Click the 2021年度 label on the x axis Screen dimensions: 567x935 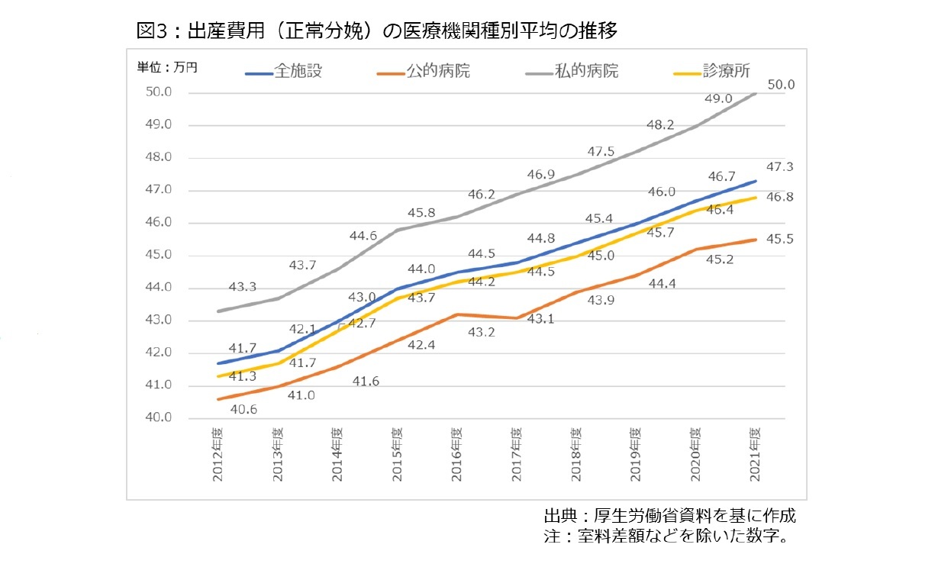(754, 455)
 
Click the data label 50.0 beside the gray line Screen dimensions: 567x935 (781, 85)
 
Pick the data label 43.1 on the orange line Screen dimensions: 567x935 (540, 318)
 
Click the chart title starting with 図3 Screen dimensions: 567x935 (375, 31)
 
